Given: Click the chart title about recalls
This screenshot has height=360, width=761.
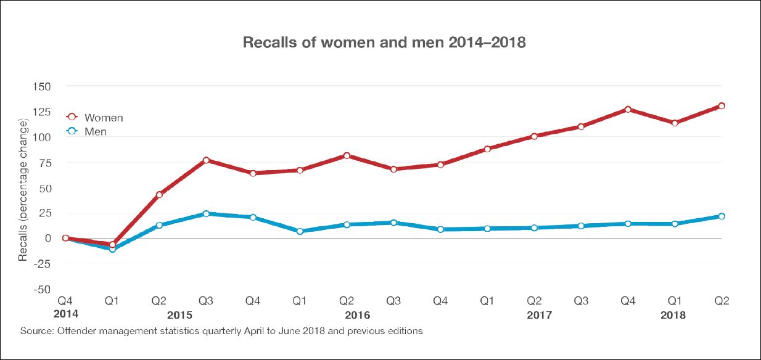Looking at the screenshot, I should click(x=384, y=43).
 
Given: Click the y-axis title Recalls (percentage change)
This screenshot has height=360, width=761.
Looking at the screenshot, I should click(x=23, y=191).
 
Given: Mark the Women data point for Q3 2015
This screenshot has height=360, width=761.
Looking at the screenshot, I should click(x=206, y=160).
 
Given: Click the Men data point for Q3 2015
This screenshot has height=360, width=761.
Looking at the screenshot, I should click(x=206, y=214).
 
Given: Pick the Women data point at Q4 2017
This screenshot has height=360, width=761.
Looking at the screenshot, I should click(x=628, y=110).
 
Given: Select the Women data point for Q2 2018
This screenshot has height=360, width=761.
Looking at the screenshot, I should click(x=722, y=106).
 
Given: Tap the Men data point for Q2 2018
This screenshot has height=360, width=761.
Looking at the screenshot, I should click(x=722, y=216).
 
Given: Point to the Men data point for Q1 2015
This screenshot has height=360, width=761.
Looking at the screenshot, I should click(x=112, y=249).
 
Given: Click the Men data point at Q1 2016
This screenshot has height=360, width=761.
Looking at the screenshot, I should click(x=300, y=231).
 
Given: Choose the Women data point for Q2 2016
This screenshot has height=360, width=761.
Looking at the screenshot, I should click(x=347, y=156).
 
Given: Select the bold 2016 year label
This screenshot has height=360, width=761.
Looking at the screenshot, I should click(x=358, y=315).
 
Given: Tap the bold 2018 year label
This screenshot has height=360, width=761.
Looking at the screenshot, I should click(x=673, y=315).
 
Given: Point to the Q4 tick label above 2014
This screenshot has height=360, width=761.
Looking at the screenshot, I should click(x=65, y=301).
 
